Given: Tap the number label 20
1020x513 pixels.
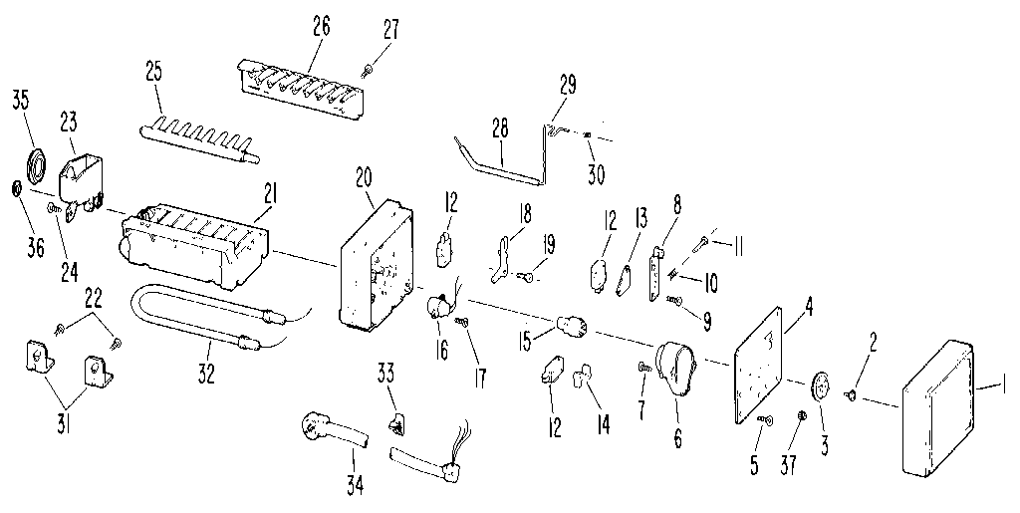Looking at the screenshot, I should tap(363, 178).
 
